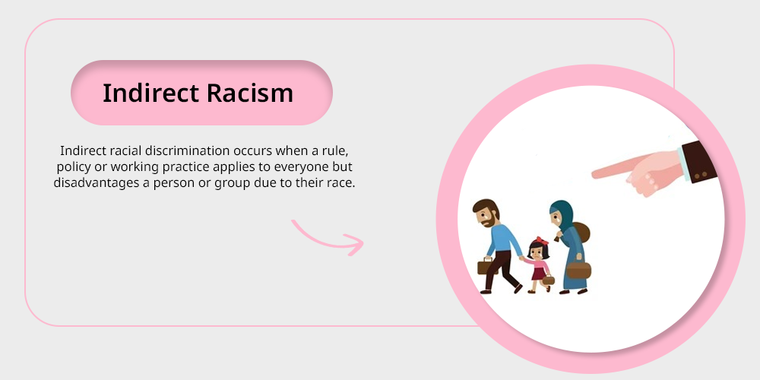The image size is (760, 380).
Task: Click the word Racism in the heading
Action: click(x=249, y=93)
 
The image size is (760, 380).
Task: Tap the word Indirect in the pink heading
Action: click(x=150, y=93)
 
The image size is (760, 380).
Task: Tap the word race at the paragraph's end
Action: click(x=344, y=184)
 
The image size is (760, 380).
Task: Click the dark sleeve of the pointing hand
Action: click(x=699, y=161)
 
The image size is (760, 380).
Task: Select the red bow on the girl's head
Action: click(x=540, y=241)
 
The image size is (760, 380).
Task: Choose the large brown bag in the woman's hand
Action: click(x=578, y=270)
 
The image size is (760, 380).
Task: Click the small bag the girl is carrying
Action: click(x=548, y=280)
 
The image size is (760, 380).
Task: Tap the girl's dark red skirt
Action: click(x=539, y=274)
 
